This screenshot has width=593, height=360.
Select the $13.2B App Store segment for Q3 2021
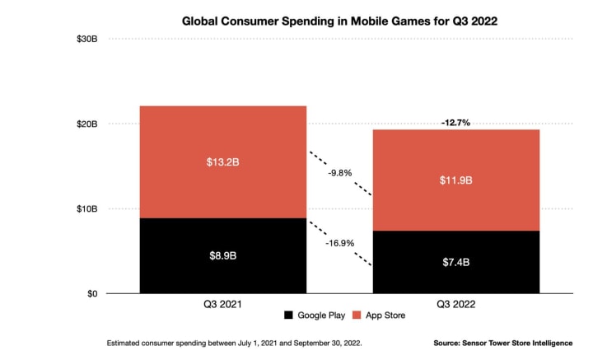[224, 161]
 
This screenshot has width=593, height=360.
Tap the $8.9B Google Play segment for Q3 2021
[224, 255]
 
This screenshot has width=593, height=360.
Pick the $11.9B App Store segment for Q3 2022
[456, 180]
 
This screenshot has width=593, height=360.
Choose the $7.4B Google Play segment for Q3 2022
[456, 262]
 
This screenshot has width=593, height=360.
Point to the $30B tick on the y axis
[87, 39]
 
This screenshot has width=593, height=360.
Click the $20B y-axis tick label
[87, 124]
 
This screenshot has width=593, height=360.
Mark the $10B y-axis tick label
[87, 208]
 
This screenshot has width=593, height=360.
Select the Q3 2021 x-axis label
[224, 303]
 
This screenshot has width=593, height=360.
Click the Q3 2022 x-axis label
[456, 303]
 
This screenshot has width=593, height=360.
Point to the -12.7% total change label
[456, 122]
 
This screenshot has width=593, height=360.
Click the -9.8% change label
[340, 173]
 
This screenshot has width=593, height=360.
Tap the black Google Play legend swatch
[287, 316]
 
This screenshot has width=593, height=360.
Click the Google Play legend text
[322, 316]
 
